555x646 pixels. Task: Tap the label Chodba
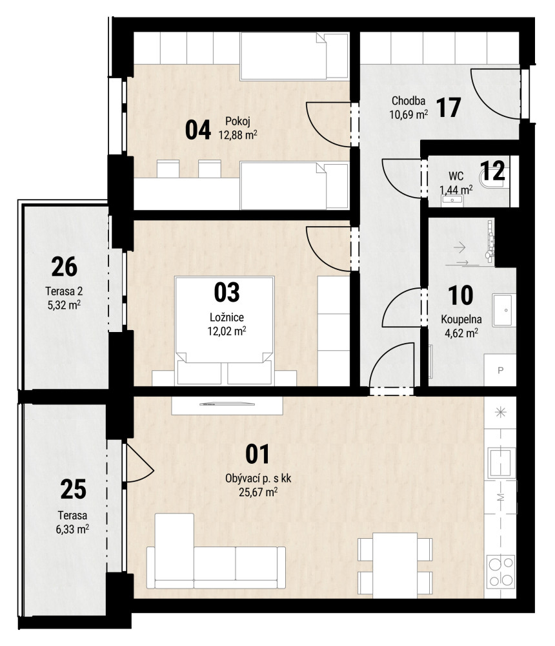coord(408,101)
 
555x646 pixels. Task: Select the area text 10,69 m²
coord(409,114)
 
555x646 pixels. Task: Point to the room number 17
coord(449,107)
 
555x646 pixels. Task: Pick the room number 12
coord(492,171)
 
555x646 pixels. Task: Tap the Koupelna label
coord(461,319)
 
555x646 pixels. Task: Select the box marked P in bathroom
coord(500,370)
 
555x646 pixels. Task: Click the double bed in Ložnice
coord(225,330)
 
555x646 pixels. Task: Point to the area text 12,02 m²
coord(227,331)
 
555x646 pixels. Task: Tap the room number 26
coord(65,267)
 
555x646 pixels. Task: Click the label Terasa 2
coord(64,291)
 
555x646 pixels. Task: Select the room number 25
coord(74,490)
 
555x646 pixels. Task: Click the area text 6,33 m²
coord(72,528)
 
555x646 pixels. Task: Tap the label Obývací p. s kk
coord(258,478)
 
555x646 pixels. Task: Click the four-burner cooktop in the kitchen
coord(501,571)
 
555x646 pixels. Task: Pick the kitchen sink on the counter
coord(501,463)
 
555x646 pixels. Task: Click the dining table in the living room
coord(395,565)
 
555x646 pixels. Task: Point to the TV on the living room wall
coord(227,404)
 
